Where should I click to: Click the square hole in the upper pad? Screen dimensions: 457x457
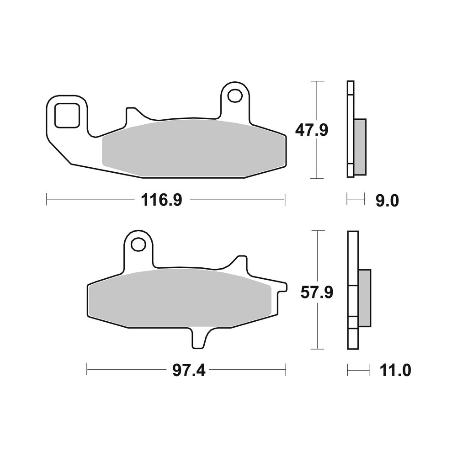pos(67,115)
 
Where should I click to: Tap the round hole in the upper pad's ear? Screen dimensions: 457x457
pos(235,96)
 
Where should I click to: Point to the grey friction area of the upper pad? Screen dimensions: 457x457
pos(192,149)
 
